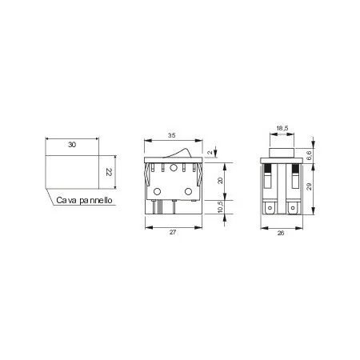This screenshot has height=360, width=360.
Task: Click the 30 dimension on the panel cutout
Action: click(72, 144)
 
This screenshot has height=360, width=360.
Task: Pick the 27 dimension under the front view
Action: click(173, 233)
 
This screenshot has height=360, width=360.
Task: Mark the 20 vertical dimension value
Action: click(222, 181)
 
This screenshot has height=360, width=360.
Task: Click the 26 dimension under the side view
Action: click(282, 233)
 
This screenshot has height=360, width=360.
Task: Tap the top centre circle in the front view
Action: click(172, 168)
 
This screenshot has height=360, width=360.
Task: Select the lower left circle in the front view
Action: click(158, 191)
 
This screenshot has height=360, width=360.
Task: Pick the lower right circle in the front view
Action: click(189, 191)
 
